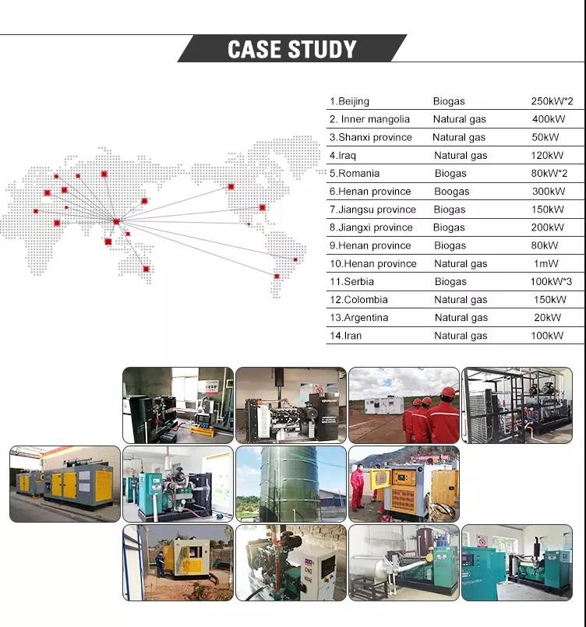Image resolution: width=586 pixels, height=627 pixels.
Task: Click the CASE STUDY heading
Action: (291, 49)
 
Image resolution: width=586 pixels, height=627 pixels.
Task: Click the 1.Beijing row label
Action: (349, 101)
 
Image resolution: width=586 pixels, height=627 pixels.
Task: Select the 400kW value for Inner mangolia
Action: (548, 119)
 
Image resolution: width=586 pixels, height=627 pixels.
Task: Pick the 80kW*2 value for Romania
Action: (549, 173)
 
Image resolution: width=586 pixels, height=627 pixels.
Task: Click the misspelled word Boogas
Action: (452, 192)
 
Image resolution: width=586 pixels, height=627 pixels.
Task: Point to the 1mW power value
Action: (546, 263)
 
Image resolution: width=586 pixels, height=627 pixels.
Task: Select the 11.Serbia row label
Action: (353, 281)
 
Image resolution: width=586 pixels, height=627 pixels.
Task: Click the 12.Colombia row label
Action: (358, 300)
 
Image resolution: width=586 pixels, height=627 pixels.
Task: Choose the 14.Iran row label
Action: (345, 336)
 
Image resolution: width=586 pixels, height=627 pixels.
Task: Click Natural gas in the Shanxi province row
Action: (459, 137)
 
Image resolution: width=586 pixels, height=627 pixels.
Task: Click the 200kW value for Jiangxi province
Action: (547, 227)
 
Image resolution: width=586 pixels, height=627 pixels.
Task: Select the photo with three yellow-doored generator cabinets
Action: (65, 484)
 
